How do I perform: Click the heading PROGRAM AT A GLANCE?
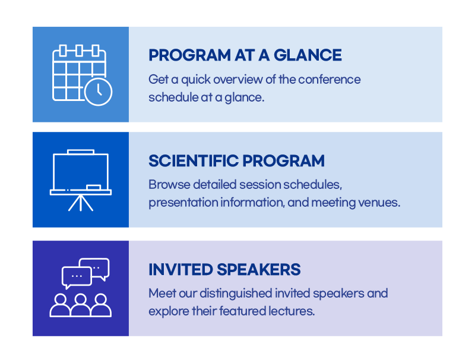click(245, 55)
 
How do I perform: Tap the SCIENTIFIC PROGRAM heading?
click(236, 160)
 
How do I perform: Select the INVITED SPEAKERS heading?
click(224, 269)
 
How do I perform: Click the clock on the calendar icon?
click(99, 92)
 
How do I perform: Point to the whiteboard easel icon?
click(81, 180)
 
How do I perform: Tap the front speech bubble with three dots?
click(77, 277)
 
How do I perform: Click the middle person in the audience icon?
click(81, 305)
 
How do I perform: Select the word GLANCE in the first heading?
click(308, 55)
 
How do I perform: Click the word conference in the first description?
click(330, 80)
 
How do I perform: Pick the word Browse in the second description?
click(169, 185)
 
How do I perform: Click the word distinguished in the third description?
click(236, 293)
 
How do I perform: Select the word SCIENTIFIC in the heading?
click(194, 160)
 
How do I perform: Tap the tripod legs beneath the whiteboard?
click(81, 203)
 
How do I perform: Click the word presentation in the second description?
click(183, 203)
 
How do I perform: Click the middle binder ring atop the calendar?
click(79, 50)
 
